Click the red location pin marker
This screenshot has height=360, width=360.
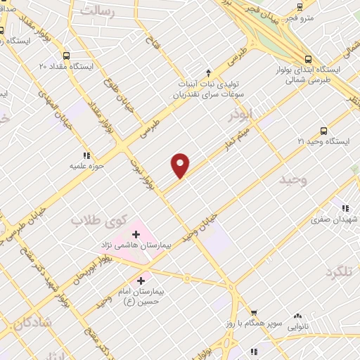pyautogui.click(x=181, y=165)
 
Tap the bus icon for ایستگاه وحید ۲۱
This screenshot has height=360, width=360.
pyautogui.click(x=323, y=130)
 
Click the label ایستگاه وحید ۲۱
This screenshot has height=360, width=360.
pyautogui.click(x=323, y=142)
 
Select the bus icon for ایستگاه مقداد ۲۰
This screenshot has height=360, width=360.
pyautogui.click(x=66, y=56)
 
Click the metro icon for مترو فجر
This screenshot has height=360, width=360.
pyautogui.click(x=300, y=6)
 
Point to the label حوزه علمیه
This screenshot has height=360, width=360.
pyautogui.click(x=86, y=167)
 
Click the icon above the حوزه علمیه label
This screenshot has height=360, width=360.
pyautogui.click(x=86, y=155)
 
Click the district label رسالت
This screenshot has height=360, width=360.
pyautogui.click(x=96, y=11)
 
